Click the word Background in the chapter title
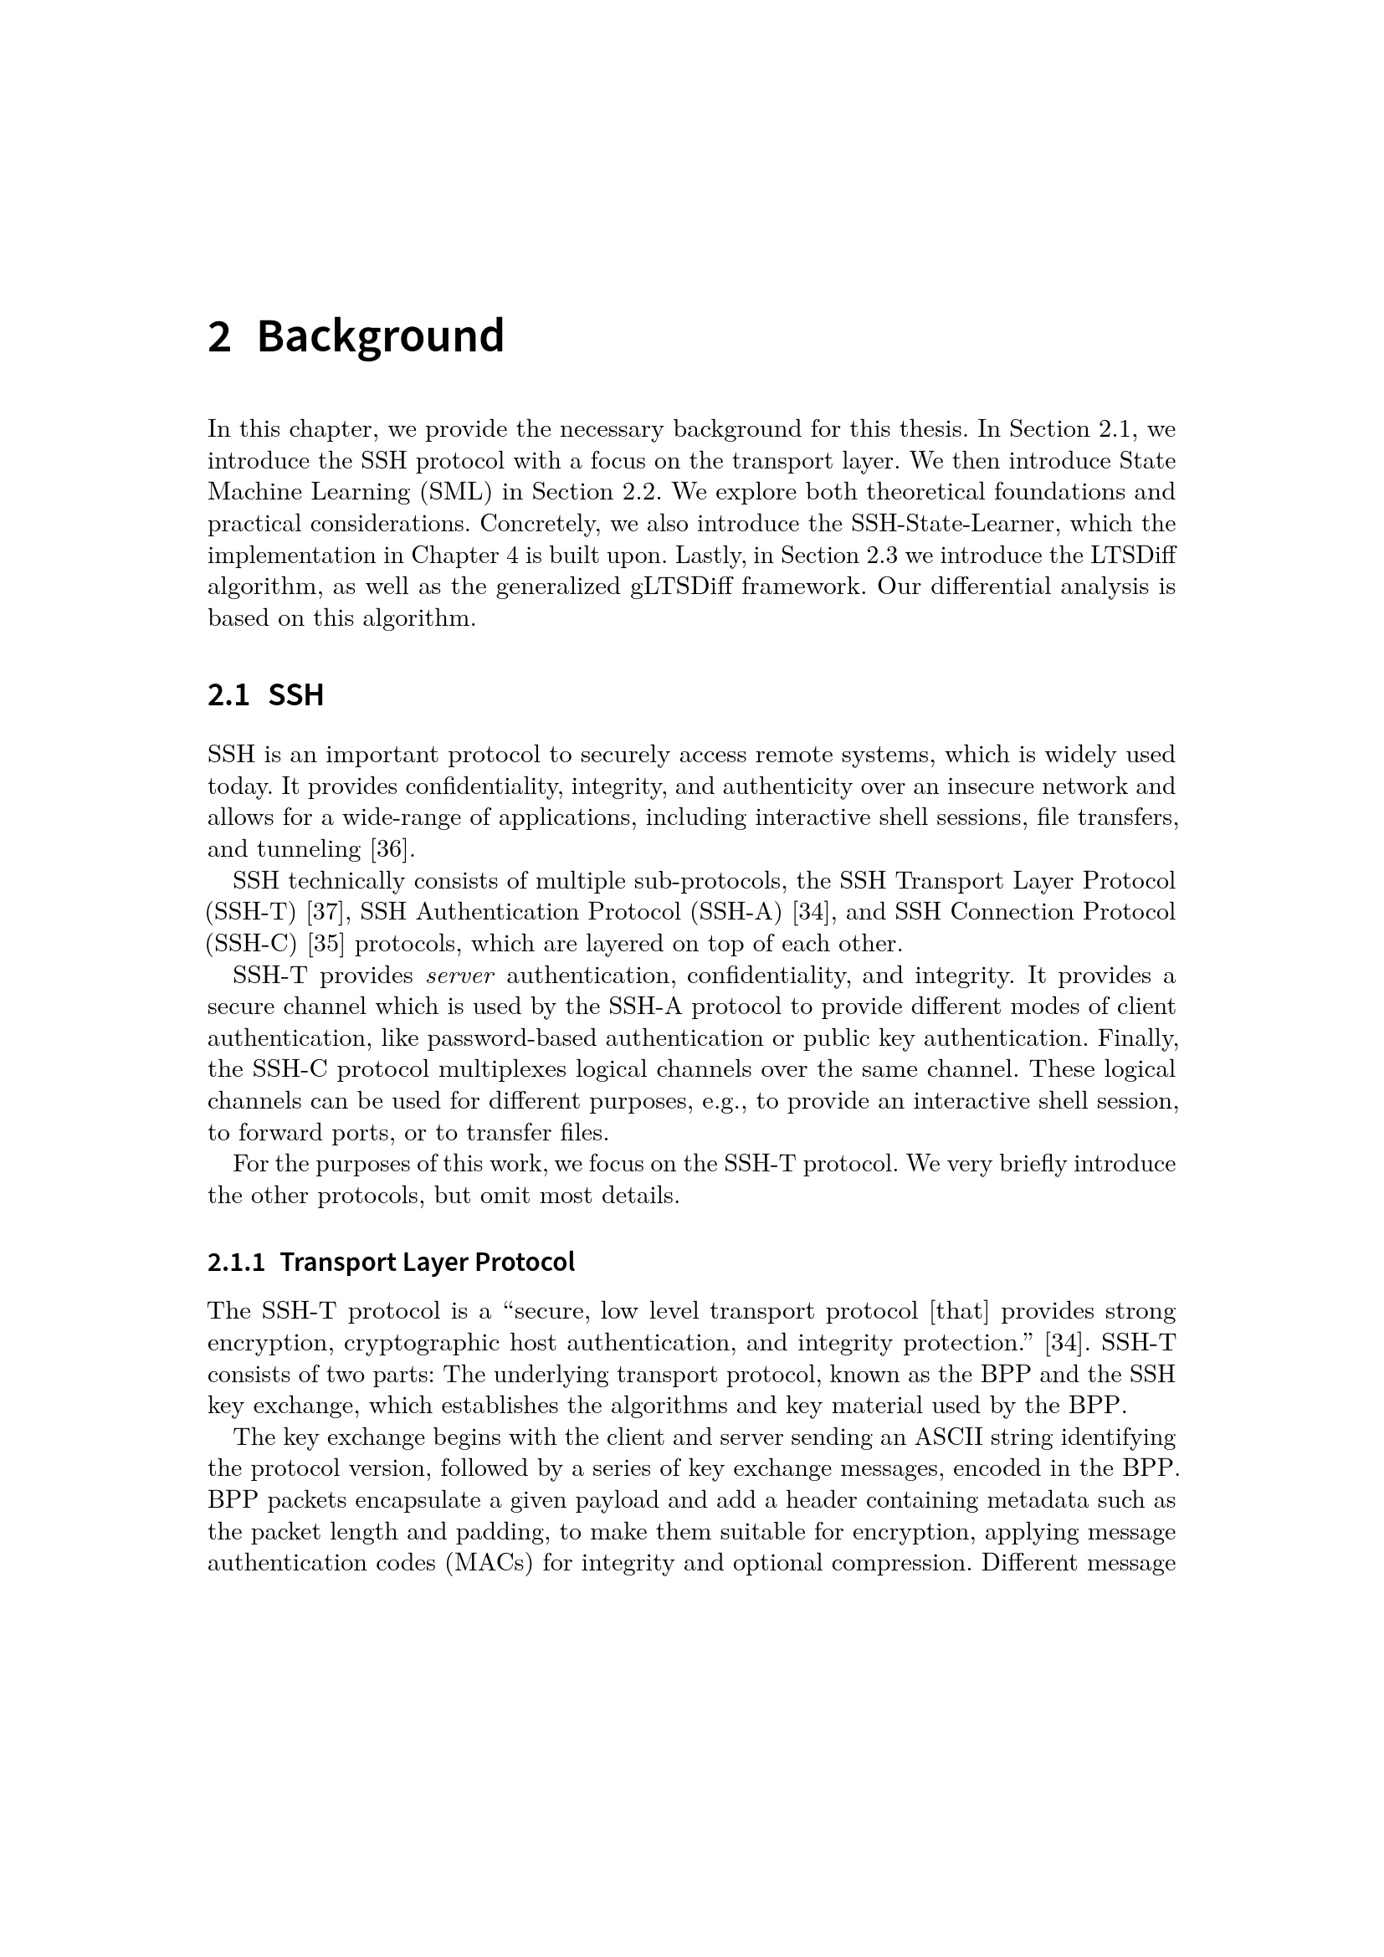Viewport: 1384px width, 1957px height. (x=380, y=336)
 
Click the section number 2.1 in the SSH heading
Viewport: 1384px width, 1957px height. (x=228, y=695)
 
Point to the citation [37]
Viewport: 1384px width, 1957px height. (x=325, y=912)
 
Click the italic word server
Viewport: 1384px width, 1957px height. (x=460, y=975)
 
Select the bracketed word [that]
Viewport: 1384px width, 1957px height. (x=959, y=1311)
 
